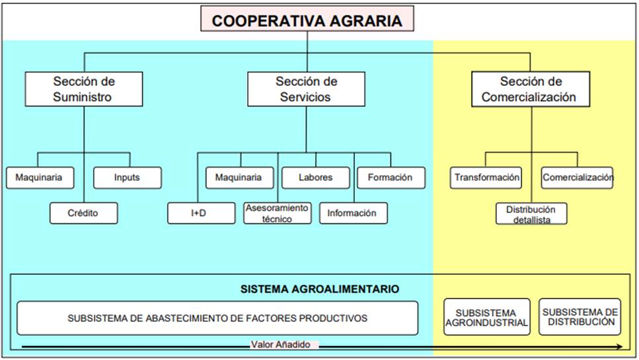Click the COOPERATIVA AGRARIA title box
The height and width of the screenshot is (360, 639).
pos(307,20)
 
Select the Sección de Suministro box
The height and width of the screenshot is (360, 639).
pos(83,89)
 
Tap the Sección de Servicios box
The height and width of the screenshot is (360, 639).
pos(306,89)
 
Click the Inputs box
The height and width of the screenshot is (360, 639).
pos(127,178)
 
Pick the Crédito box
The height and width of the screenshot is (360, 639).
pos(83,213)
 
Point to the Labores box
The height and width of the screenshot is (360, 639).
pos(315,178)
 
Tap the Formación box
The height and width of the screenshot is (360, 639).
pos(391,178)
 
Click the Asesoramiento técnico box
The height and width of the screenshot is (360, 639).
pos(277,213)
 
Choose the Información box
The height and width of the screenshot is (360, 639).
pos(352,213)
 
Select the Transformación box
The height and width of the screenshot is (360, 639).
pos(486,178)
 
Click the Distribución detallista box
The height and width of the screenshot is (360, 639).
pos(531,213)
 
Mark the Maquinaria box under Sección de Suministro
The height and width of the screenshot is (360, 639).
pos(40,178)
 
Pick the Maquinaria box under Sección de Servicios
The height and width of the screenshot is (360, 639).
pos(239,178)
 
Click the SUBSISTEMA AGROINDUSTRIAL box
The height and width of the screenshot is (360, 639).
pos(486,317)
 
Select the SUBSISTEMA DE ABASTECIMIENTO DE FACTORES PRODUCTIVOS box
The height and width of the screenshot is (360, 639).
pos(217,318)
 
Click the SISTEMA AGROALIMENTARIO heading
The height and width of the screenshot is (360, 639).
pos(319,289)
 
